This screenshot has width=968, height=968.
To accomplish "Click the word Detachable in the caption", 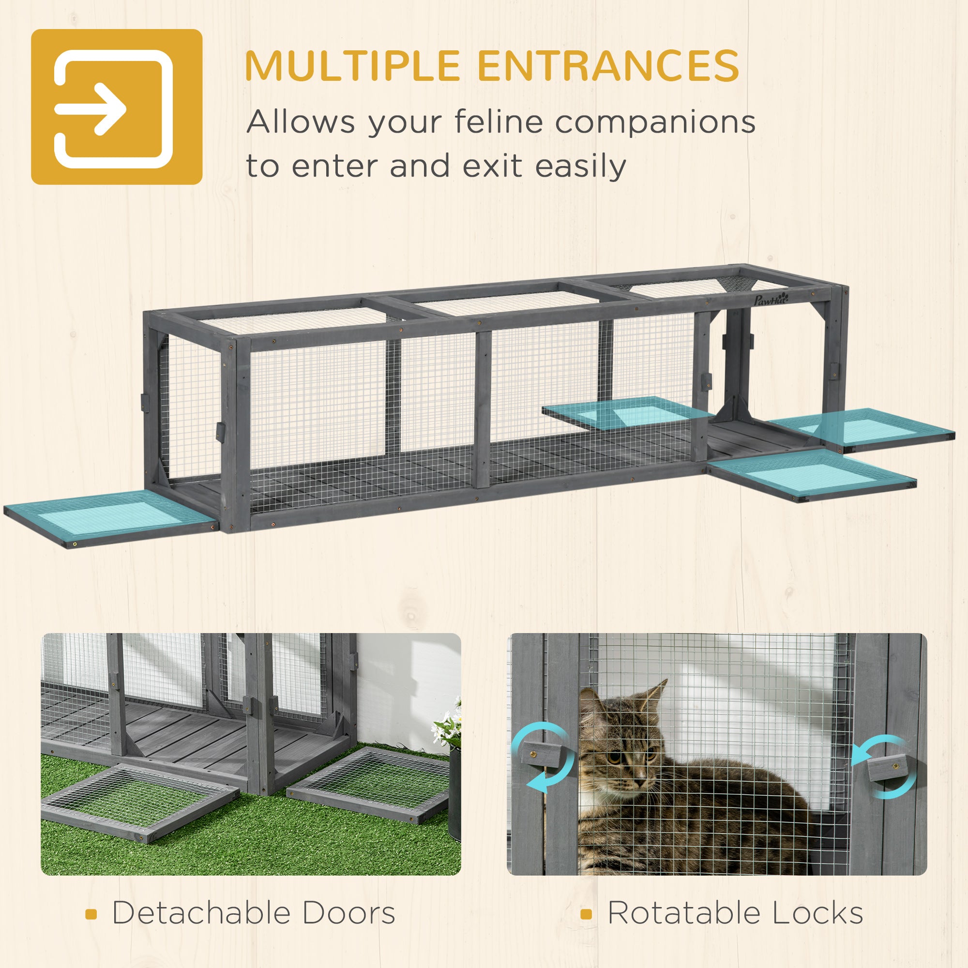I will click(200, 912).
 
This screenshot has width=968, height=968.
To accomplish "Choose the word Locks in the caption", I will click(817, 912).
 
